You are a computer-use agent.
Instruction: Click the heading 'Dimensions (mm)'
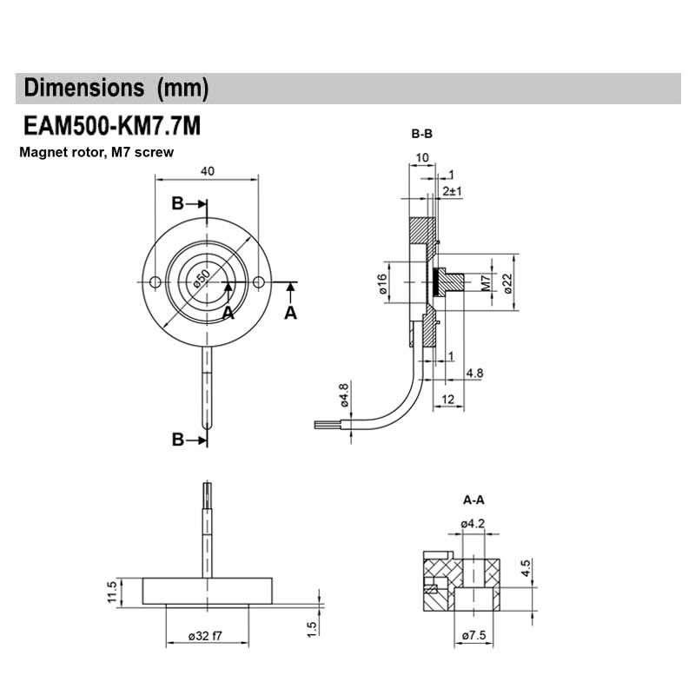[x=116, y=88]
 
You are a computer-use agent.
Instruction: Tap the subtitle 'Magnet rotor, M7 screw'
[x=96, y=152]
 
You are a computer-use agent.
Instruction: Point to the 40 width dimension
[x=207, y=171]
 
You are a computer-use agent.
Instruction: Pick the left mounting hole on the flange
[x=155, y=282]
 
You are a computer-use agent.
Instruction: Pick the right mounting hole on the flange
[x=259, y=282]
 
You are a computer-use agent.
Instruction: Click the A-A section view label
[x=474, y=500]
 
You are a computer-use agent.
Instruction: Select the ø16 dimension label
[x=382, y=283]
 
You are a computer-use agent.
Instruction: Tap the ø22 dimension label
[x=507, y=283]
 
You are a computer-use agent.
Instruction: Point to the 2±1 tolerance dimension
[x=452, y=190]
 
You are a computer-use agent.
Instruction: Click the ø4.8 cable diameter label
[x=344, y=394]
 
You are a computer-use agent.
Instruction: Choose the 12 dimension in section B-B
[x=448, y=399]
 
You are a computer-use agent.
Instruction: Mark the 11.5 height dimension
[x=111, y=592]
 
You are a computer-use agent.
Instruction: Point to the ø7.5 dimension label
[x=474, y=636]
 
